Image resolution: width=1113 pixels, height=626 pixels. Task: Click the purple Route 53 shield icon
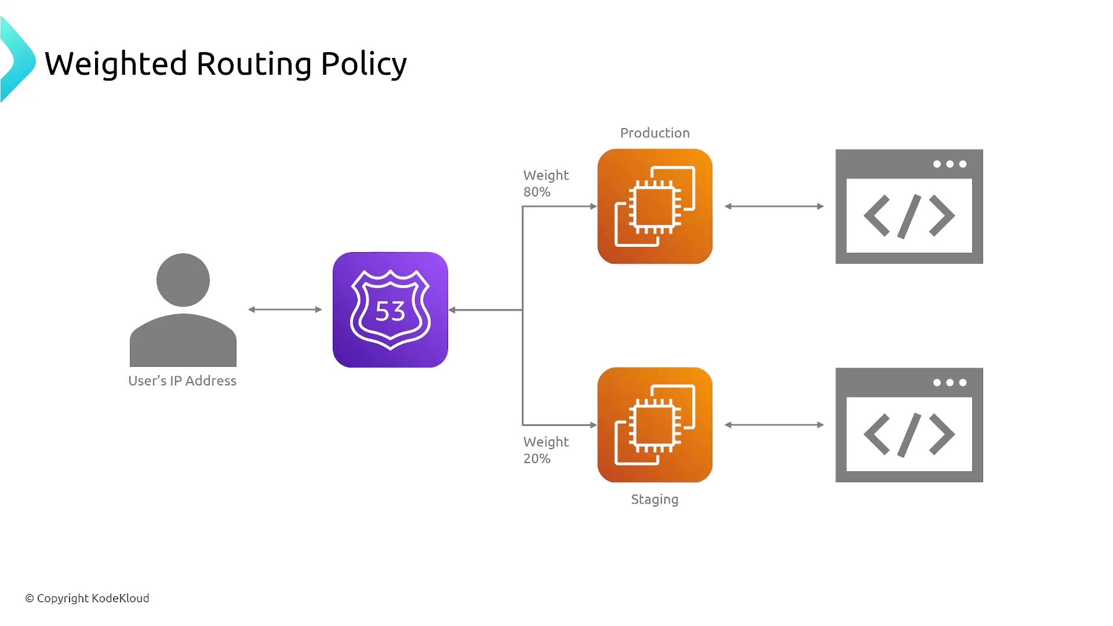pyautogui.click(x=390, y=310)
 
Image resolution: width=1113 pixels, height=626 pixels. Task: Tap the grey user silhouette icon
pyautogui.click(x=183, y=310)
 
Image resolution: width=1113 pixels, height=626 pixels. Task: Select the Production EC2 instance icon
pyautogui.click(x=655, y=206)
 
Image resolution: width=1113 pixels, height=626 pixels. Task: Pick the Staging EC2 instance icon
pyautogui.click(x=655, y=425)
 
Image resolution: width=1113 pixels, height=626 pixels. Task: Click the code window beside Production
pyautogui.click(x=909, y=207)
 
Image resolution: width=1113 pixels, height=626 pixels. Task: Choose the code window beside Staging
pyautogui.click(x=909, y=425)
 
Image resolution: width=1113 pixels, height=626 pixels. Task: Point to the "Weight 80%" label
pyautogui.click(x=545, y=183)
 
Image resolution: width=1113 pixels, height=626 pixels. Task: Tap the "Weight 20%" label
pyautogui.click(x=545, y=450)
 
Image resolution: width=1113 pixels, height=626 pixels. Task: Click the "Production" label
pyautogui.click(x=655, y=133)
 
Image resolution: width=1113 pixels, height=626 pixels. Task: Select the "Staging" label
pyautogui.click(x=654, y=499)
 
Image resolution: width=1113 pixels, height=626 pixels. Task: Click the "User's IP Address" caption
pyautogui.click(x=183, y=381)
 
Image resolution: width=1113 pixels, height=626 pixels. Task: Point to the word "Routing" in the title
pyautogui.click(x=254, y=64)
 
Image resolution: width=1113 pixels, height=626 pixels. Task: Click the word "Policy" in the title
pyautogui.click(x=363, y=64)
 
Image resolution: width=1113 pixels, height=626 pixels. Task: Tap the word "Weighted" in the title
pyautogui.click(x=116, y=64)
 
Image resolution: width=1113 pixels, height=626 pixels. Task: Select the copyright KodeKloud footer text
pyautogui.click(x=87, y=598)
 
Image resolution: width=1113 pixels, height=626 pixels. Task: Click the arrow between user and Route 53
pyautogui.click(x=285, y=310)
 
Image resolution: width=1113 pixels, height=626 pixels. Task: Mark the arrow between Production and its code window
pyautogui.click(x=774, y=206)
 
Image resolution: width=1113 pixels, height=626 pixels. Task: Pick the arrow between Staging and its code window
pyautogui.click(x=774, y=425)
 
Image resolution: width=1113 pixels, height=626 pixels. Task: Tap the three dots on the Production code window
pyautogui.click(x=950, y=164)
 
